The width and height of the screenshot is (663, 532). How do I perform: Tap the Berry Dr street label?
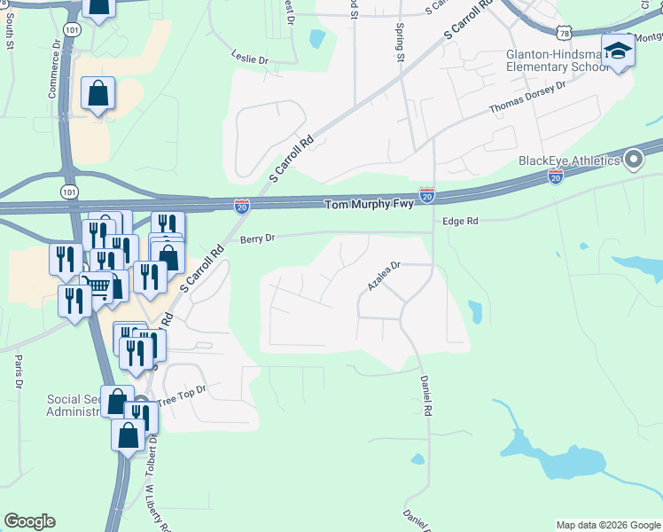pyautogui.click(x=258, y=239)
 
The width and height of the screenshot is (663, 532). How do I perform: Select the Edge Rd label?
pyautogui.click(x=460, y=222)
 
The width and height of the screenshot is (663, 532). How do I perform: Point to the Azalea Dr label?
pyautogui.click(x=385, y=276)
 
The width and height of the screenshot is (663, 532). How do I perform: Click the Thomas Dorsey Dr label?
pyautogui.click(x=527, y=98)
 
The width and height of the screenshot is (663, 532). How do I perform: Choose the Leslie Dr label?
pyautogui.click(x=249, y=59)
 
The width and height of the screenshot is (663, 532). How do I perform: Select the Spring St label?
pyautogui.click(x=400, y=43)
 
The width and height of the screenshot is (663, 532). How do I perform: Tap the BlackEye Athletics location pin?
pyautogui.click(x=634, y=160)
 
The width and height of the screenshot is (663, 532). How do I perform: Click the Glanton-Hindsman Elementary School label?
pyautogui.click(x=554, y=60)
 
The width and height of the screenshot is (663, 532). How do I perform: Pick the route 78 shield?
pyautogui.click(x=565, y=33)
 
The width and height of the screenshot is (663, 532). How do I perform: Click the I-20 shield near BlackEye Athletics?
pyautogui.click(x=556, y=177)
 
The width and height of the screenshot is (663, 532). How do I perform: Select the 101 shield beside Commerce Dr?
pyautogui.click(x=72, y=30)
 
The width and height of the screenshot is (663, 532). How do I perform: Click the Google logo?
pyautogui.click(x=29, y=521)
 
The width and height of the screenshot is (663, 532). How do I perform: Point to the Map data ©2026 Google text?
pyautogui.click(x=607, y=525)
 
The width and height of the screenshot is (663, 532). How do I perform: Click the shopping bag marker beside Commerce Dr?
pyautogui.click(x=97, y=94)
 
